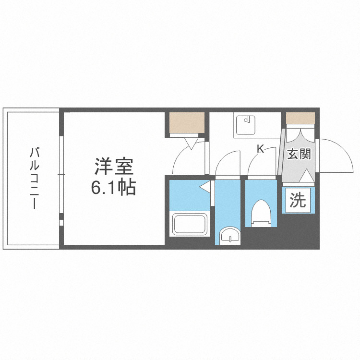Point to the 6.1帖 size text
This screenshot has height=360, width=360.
click(x=113, y=188)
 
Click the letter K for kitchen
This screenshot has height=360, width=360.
click(x=260, y=149)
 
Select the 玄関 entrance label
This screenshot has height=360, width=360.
click(x=299, y=154)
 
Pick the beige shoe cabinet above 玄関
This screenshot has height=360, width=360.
click(x=300, y=118)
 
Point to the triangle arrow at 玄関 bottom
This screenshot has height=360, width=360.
click(x=306, y=176)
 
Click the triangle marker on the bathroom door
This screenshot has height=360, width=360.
click(x=205, y=186)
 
